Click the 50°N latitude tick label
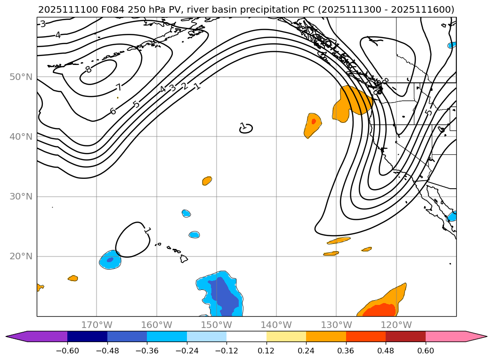[x=21, y=77]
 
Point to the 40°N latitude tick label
[x=21, y=136]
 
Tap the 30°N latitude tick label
[x=21, y=196]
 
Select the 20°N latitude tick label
[x=21, y=256]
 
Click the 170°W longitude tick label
[x=97, y=325]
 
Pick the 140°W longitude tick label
[x=276, y=325]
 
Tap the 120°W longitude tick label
[x=396, y=325]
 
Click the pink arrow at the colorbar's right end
[x=476, y=336]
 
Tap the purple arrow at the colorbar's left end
[x=17, y=336]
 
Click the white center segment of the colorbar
[x=246, y=336]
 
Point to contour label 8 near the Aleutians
[x=88, y=70]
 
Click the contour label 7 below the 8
[x=119, y=87]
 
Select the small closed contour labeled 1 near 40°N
[x=246, y=128]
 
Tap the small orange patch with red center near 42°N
[x=312, y=124]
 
